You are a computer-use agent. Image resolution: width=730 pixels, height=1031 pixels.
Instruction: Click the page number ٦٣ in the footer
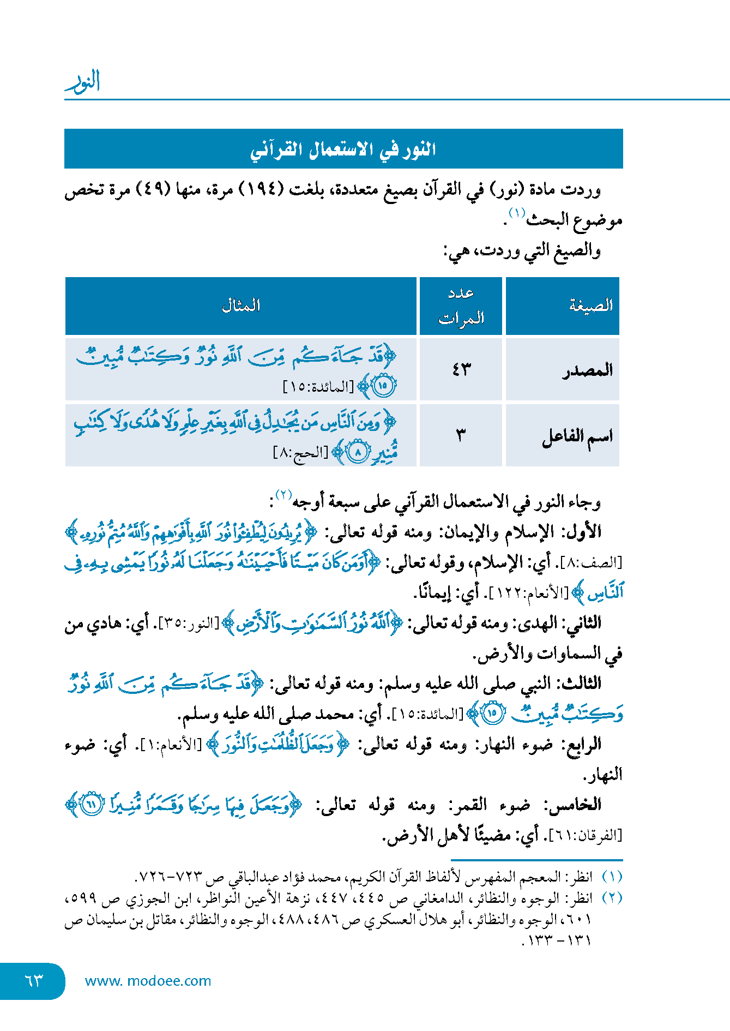pos(33,981)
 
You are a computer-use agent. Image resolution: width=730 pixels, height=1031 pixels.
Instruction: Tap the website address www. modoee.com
pos(148,981)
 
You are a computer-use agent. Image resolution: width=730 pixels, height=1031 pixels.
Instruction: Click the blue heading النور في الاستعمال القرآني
pos(343,149)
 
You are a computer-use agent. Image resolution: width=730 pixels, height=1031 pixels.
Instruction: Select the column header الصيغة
pos(590,305)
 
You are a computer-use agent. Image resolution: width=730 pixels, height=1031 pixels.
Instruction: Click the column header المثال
pos(241,305)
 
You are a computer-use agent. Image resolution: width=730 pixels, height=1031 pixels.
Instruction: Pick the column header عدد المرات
pos(461,305)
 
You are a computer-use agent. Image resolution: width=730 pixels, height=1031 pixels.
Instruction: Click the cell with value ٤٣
pos(461,370)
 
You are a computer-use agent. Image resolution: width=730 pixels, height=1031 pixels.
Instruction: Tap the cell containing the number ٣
pos(461,435)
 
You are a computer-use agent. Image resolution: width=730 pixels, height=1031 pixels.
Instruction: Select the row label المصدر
pos(588,370)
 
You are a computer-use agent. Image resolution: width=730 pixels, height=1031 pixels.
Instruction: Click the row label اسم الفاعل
pos(577,436)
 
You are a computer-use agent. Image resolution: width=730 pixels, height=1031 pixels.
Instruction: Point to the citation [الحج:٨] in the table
pos(300,453)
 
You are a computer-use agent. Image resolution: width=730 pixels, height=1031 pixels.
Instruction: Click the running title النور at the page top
pos(83,82)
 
